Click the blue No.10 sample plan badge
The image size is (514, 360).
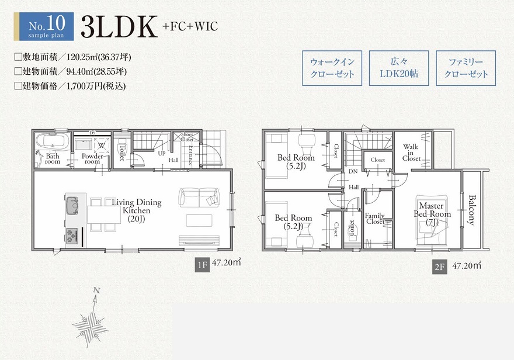pyautogui.click(x=46, y=26)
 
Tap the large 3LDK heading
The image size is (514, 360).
pyautogui.click(x=119, y=27)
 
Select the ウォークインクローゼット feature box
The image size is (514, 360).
pyautogui.click(x=332, y=68)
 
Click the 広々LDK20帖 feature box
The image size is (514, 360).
pyautogui.click(x=399, y=68)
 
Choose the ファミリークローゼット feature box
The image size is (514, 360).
pyautogui.click(x=466, y=68)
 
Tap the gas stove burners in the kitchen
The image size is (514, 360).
pyautogui.click(x=72, y=236)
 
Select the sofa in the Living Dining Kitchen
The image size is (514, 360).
pyautogui.click(x=199, y=197)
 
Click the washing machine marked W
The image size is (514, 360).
pyautogui.click(x=101, y=146)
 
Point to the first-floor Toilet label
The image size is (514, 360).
pyautogui.click(x=123, y=153)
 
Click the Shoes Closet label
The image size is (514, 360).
pyautogui.click(x=187, y=137)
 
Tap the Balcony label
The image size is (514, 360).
pyautogui.click(x=472, y=210)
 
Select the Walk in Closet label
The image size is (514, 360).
pyautogui.click(x=411, y=153)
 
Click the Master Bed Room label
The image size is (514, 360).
pyautogui.click(x=432, y=214)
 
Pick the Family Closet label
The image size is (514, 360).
pyautogui.click(x=374, y=219)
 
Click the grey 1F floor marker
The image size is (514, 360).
pyautogui.click(x=202, y=265)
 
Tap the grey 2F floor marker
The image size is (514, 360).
pyautogui.click(x=439, y=267)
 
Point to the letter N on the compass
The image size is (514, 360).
pyautogui.click(x=96, y=290)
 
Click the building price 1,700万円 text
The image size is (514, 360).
pyautogui.click(x=96, y=86)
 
